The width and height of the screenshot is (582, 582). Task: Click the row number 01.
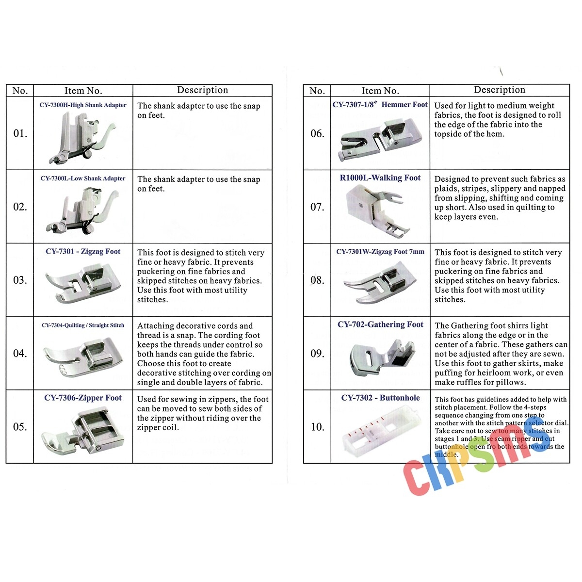(x=20, y=133)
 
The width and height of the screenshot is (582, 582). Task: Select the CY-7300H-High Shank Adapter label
(x=83, y=105)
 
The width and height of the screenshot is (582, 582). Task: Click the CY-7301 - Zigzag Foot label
(x=83, y=251)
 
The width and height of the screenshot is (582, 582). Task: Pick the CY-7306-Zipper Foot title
(x=83, y=398)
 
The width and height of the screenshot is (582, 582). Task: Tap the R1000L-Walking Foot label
(x=380, y=178)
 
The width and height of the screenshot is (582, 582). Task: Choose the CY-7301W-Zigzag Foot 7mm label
(x=380, y=252)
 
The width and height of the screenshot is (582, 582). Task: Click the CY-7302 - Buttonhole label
(x=380, y=398)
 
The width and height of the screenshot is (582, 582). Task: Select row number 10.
(x=317, y=427)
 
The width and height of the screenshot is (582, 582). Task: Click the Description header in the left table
(x=202, y=90)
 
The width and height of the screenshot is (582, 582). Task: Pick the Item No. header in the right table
(x=380, y=91)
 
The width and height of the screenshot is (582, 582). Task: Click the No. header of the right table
(x=317, y=91)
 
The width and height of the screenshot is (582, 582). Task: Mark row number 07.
(x=317, y=207)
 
